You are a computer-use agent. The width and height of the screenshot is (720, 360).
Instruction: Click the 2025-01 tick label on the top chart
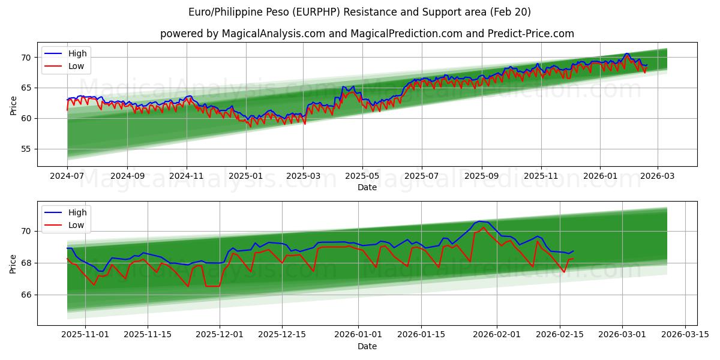(246, 177)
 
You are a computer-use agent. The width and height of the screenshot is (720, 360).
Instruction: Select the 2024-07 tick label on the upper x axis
(67, 177)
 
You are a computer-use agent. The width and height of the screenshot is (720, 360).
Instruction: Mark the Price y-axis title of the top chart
(13, 105)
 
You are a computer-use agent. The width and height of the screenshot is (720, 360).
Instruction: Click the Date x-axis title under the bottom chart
(367, 346)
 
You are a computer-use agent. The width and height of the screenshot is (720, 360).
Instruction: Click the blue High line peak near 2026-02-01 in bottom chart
(478, 221)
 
